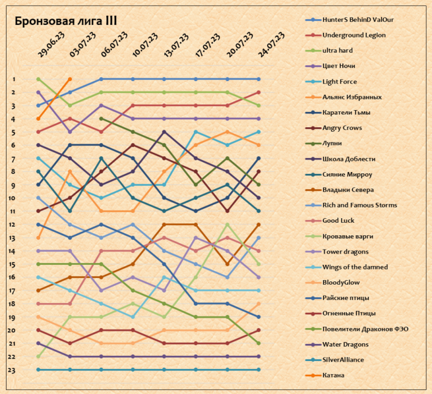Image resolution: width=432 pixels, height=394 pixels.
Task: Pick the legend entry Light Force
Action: coord(340,82)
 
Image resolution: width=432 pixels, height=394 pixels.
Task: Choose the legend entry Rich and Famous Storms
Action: coord(359,205)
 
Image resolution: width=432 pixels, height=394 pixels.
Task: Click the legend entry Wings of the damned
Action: coord(355,267)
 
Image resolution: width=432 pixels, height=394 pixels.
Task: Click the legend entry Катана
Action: coord(334,375)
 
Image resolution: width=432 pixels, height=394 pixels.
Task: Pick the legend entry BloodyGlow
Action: coord(341,282)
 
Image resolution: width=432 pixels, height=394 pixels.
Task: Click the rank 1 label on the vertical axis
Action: coord(13,79)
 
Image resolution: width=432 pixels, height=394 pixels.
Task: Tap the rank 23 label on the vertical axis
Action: coord(13,370)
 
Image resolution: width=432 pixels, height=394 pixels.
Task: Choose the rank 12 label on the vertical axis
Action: coord(13,225)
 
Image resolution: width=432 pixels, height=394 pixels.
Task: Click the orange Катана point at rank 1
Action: coord(70,79)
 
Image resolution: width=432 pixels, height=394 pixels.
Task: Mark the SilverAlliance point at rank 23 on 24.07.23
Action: coord(259,370)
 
